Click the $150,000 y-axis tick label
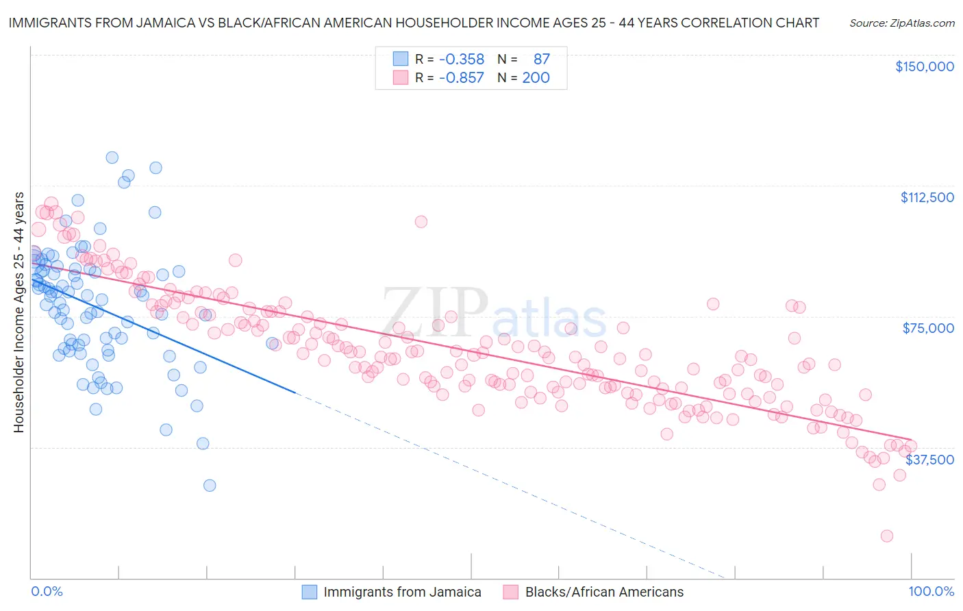(x=924, y=66)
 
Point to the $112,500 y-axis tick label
(x=927, y=197)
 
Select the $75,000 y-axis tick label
(x=928, y=328)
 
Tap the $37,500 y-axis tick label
(x=929, y=460)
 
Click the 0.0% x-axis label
(x=47, y=591)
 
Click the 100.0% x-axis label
(x=931, y=591)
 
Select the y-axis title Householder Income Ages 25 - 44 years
(x=18, y=312)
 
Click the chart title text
(x=414, y=23)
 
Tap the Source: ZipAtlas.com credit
(x=901, y=23)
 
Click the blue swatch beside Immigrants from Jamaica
(x=310, y=592)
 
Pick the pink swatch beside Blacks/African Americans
(x=511, y=592)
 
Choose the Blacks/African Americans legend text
(x=604, y=592)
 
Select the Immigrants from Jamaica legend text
(x=402, y=592)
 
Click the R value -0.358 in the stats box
(x=461, y=60)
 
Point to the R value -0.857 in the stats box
(x=461, y=77)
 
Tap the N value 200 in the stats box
(x=536, y=77)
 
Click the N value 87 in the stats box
(x=541, y=60)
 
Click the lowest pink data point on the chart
(x=886, y=536)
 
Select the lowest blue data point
(x=210, y=485)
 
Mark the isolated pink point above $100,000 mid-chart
(x=421, y=221)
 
